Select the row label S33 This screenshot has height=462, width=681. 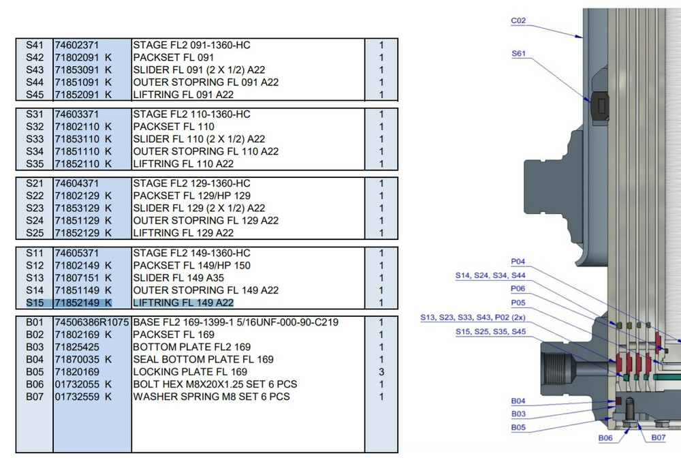click(34, 139)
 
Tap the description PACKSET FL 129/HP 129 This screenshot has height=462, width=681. click(187, 196)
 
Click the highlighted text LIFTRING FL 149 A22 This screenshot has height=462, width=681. click(183, 303)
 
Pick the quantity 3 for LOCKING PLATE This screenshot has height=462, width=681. click(381, 372)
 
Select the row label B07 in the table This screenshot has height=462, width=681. click(34, 397)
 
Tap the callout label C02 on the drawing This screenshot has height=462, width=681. click(519, 21)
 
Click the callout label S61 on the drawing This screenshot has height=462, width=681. click(519, 52)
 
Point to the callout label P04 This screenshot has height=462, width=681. click(518, 262)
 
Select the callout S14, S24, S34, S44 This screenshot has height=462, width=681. click(490, 276)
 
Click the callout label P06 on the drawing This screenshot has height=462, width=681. click(518, 289)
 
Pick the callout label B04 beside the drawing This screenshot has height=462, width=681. click(519, 401)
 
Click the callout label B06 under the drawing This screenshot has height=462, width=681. click(606, 438)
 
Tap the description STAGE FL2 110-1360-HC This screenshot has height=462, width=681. click(191, 114)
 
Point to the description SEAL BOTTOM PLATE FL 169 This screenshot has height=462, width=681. click(203, 360)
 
